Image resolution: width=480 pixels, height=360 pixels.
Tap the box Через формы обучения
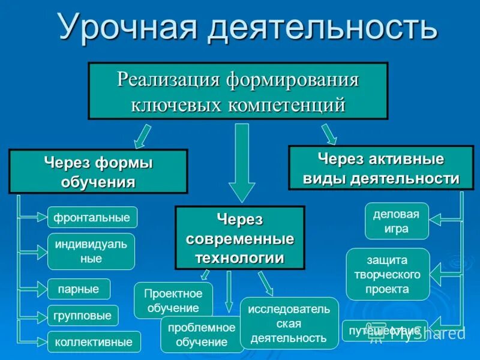98,172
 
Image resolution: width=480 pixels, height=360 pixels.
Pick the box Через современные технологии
239,238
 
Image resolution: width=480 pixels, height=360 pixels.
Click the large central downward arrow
242,162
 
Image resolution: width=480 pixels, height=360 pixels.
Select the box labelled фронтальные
92,217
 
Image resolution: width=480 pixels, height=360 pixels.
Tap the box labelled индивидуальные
91,251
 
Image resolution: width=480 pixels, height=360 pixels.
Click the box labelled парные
79,289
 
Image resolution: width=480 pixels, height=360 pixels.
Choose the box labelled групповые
83,316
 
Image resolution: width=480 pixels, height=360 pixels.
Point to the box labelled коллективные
94,342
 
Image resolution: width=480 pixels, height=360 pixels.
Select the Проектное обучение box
173,300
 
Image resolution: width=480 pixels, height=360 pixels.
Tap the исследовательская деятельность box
289,323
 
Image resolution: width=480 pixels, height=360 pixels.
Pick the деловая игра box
397,221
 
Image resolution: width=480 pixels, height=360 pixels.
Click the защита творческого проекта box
388,274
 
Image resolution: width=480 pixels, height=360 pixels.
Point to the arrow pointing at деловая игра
443,220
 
